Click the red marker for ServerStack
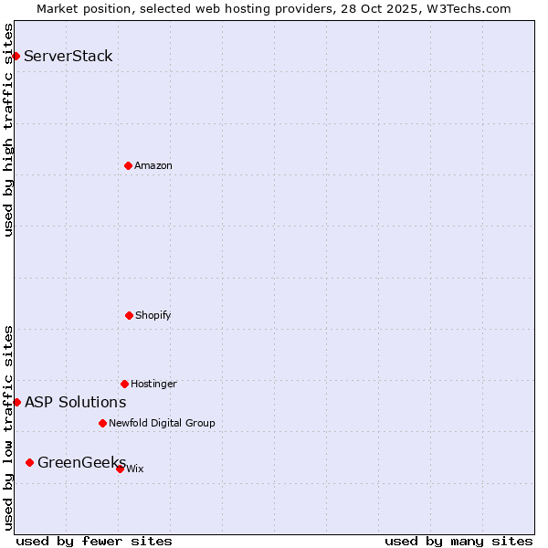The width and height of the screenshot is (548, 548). pyautogui.click(x=16, y=57)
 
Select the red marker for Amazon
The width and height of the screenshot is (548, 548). pyautogui.click(x=128, y=165)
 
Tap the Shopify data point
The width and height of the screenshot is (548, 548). pyautogui.click(x=129, y=315)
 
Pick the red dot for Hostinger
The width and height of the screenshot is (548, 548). pyautogui.click(x=124, y=384)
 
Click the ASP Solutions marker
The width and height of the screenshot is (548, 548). pyautogui.click(x=16, y=402)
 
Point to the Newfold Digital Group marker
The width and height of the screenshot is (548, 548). pyautogui.click(x=102, y=423)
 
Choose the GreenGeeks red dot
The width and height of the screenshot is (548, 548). pyautogui.click(x=29, y=462)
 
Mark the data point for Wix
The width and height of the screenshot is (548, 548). pyautogui.click(x=120, y=469)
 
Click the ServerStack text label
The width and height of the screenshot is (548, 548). pyautogui.click(x=68, y=57)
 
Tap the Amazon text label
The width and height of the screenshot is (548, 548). pyautogui.click(x=153, y=165)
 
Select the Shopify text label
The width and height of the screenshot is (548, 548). pyautogui.click(x=153, y=315)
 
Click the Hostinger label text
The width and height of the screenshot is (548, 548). pyautogui.click(x=153, y=384)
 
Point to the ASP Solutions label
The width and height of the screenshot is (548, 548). pyautogui.click(x=76, y=402)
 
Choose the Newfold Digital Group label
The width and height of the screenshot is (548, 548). pyautogui.click(x=162, y=423)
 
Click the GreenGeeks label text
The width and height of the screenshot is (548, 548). pyautogui.click(x=81, y=462)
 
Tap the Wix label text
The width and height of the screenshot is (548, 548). pyautogui.click(x=135, y=469)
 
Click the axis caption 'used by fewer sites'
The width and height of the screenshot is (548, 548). pyautogui.click(x=94, y=541)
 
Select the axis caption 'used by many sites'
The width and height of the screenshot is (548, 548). pyautogui.click(x=458, y=541)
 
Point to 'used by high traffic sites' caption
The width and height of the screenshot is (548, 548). pyautogui.click(x=8, y=130)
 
